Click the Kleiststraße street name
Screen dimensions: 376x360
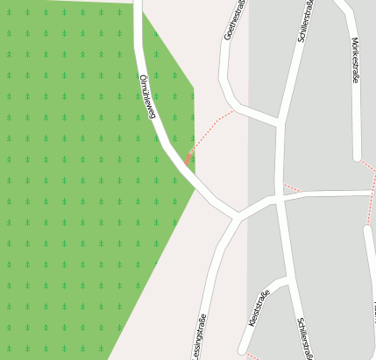[259, 308]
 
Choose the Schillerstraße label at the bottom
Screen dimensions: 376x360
[304, 337]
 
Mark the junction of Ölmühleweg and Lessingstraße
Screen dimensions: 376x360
[237, 215]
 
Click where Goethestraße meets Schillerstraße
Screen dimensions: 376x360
[279, 122]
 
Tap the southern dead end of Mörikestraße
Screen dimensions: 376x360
[358, 159]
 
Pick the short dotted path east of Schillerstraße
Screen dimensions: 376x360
[292, 187]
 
